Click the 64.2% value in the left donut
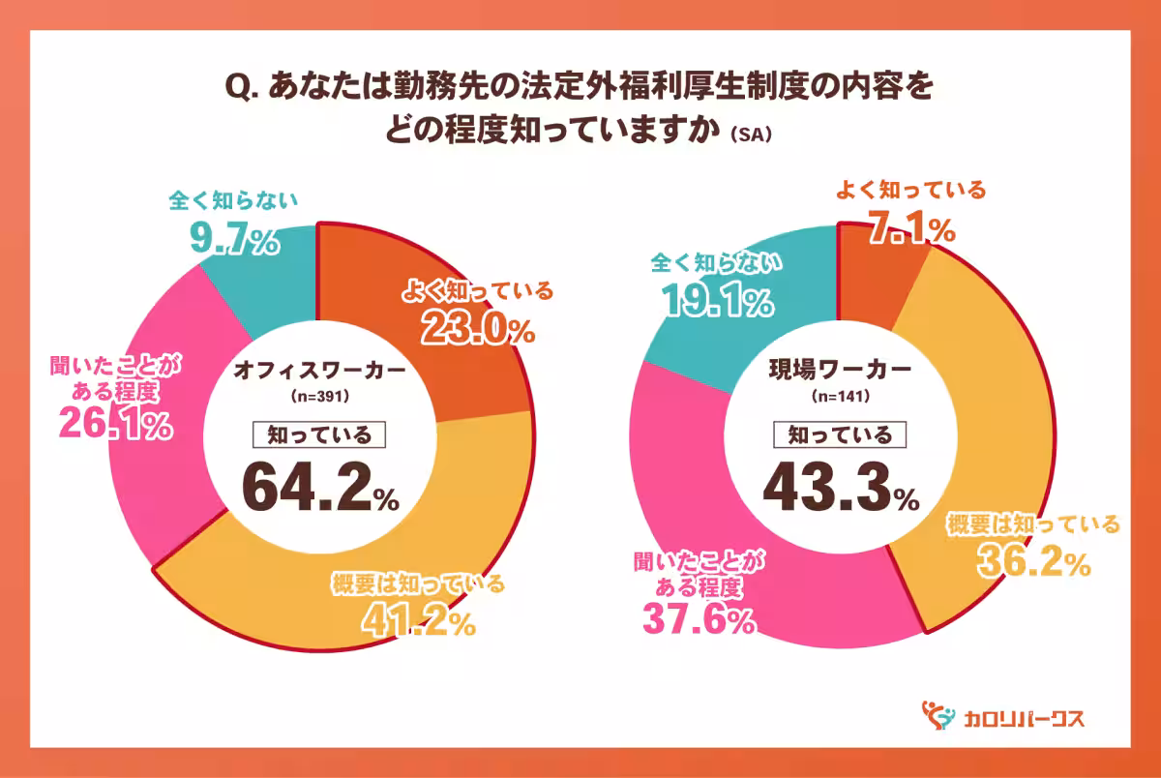318,484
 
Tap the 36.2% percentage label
1032,560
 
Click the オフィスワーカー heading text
318,370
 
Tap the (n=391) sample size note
318,396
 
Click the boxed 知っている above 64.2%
318,434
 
